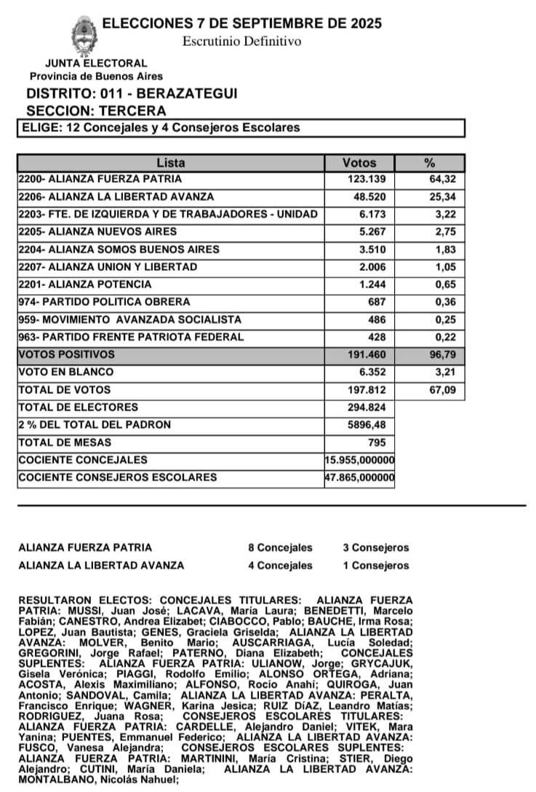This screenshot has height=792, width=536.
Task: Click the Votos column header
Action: [359, 162]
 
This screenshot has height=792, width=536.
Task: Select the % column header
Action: [430, 162]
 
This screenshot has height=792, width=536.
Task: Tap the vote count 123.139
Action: [370, 179]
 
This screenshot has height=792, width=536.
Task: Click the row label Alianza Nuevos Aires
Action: [97, 232]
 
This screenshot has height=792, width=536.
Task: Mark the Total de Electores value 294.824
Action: [370, 408]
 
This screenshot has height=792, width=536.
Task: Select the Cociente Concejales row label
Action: [83, 460]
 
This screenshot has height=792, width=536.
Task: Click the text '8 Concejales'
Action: [279, 548]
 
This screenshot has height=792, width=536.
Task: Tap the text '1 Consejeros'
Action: [375, 566]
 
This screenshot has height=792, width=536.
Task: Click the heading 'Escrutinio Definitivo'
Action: [241, 41]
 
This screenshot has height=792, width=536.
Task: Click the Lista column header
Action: [171, 162]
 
